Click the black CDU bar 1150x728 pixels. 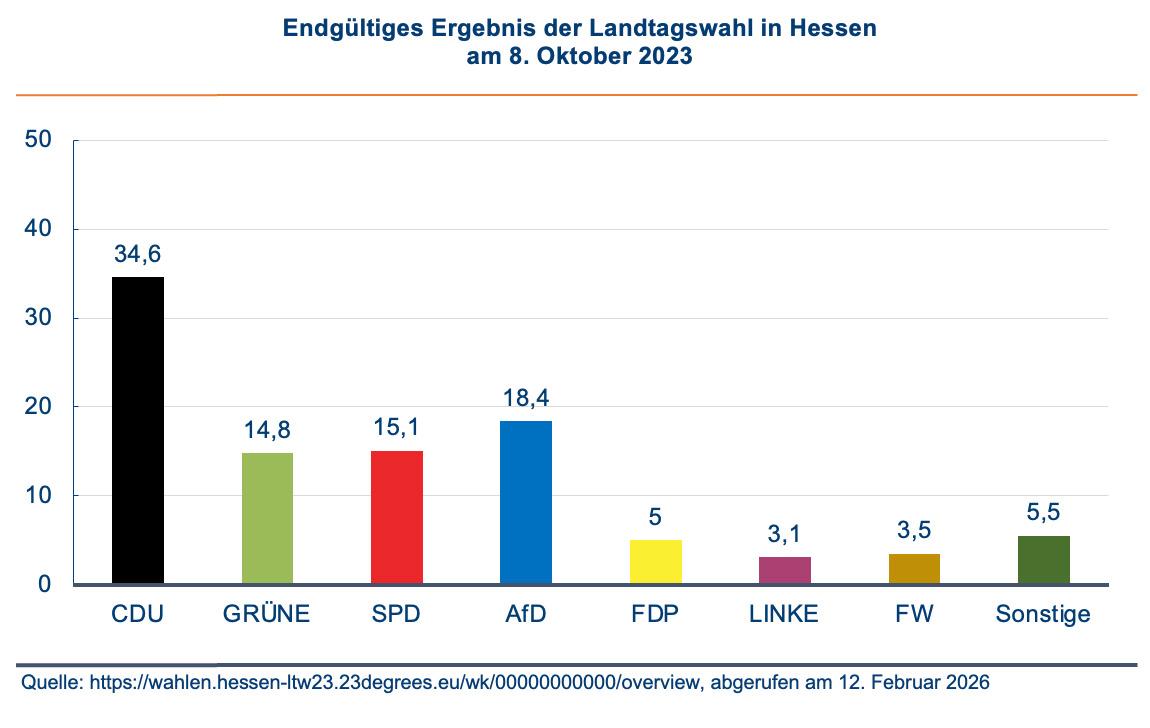[138, 430]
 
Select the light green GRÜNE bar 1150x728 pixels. [268, 518]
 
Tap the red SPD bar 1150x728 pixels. [397, 517]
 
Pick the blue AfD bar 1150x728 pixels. [526, 502]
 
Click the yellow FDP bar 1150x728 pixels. [656, 562]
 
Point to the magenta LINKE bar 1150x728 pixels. [785, 570]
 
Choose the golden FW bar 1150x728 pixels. [914, 568]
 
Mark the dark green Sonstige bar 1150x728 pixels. [1044, 560]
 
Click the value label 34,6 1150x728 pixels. [138, 254]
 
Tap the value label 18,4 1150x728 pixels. [526, 398]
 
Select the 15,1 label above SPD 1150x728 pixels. [397, 428]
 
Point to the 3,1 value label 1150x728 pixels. [785, 534]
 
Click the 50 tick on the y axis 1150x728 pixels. [38, 140]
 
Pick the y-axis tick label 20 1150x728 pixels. [38, 407]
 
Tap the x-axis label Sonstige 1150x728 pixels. [1043, 614]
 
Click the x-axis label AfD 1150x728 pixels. [526, 614]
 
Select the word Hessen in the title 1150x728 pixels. [833, 29]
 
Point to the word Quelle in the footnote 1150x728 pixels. [50, 682]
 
